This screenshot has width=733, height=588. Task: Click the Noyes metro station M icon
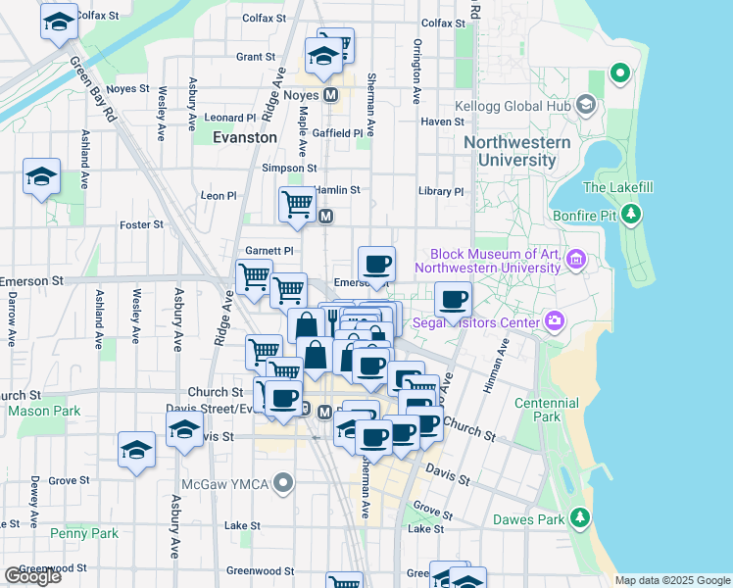point(330,95)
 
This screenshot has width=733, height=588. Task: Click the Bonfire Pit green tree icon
point(632,213)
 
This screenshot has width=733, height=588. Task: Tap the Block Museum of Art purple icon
point(576,260)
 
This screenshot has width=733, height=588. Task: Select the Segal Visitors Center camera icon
point(555,321)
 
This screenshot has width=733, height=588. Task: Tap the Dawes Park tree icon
point(580,516)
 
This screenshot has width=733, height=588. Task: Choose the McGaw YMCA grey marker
point(284,483)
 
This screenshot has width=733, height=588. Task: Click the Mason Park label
point(44,412)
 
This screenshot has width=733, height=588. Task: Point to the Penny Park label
point(84,534)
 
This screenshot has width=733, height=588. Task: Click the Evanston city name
point(245,138)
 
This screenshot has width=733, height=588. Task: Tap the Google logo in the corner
point(32,575)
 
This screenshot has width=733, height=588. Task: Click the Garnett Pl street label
point(269,251)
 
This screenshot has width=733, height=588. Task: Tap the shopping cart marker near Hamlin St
point(297,204)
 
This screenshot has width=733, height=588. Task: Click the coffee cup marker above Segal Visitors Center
point(453,299)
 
